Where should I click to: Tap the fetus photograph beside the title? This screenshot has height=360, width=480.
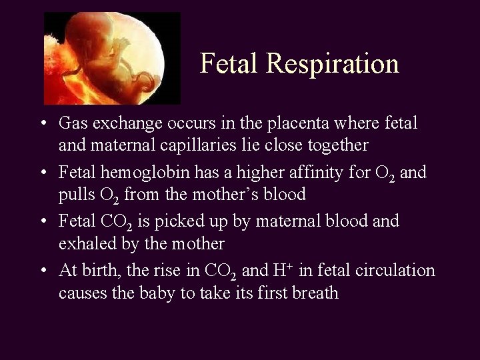point(112,59)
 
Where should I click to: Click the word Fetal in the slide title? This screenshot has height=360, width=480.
point(229,64)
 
